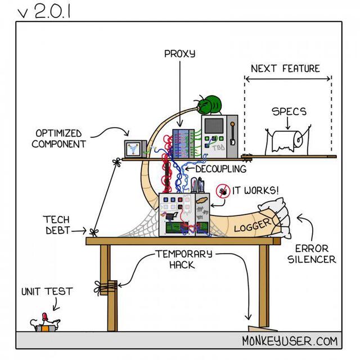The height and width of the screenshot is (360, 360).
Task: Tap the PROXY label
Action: pyautogui.click(x=179, y=54)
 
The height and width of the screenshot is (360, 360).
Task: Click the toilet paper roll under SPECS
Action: pyautogui.click(x=287, y=141)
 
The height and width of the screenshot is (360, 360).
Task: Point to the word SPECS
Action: pyautogui.click(x=289, y=111)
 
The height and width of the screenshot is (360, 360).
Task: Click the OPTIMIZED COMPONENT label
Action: pyautogui.click(x=58, y=138)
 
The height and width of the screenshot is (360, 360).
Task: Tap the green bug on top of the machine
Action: pyautogui.click(x=209, y=105)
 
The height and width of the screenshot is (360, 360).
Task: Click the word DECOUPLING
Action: pyautogui.click(x=220, y=169)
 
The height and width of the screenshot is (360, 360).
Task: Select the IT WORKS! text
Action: pyautogui.click(x=255, y=191)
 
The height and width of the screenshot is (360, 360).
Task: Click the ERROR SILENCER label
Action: pyautogui.click(x=312, y=254)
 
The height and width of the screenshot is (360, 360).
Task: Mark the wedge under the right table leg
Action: pyautogui.click(x=259, y=328)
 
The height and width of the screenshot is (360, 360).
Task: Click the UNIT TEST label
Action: pyautogui.click(x=47, y=291)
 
